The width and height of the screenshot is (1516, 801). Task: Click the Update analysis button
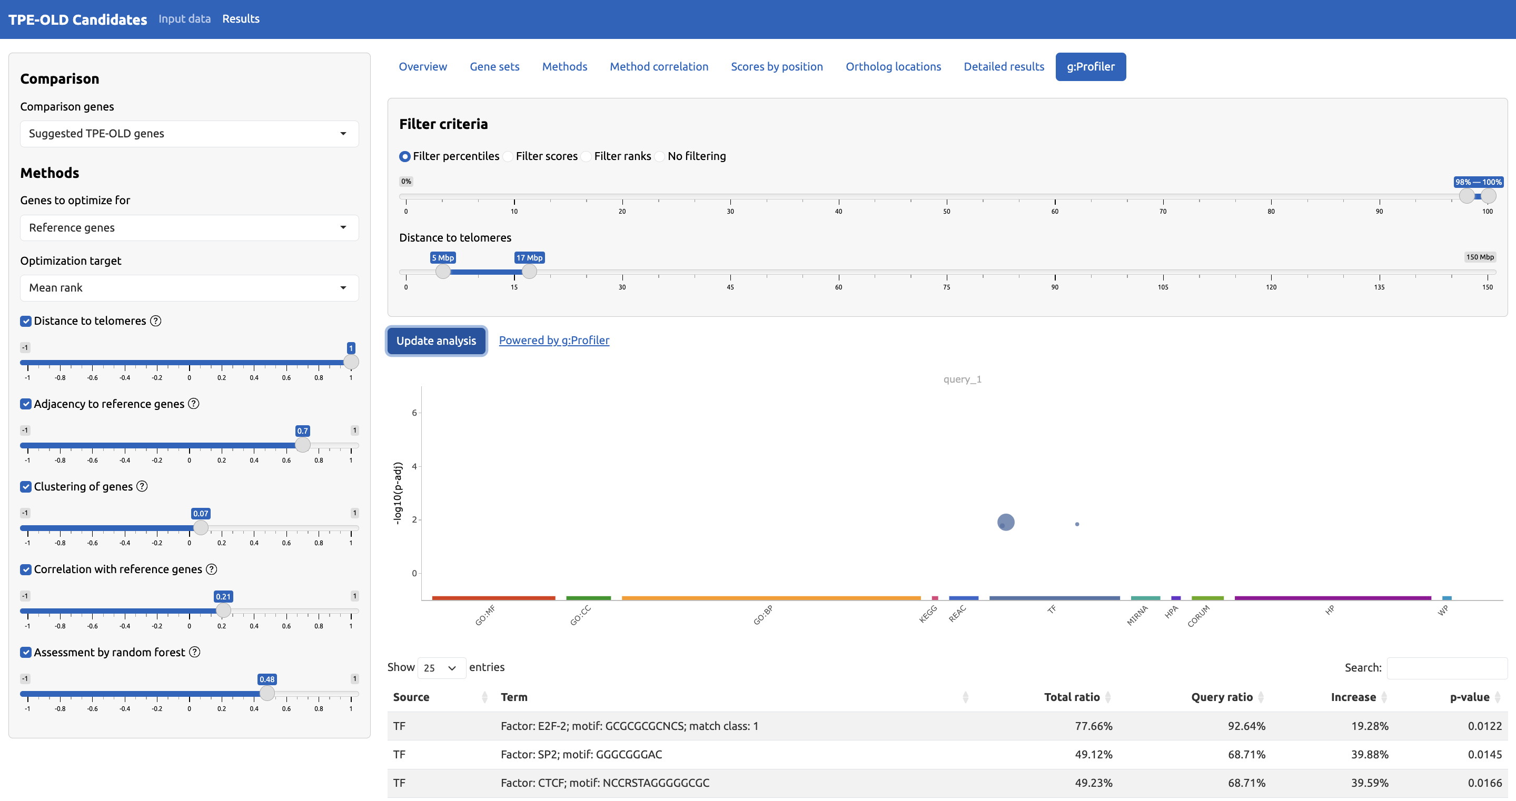tap(435, 341)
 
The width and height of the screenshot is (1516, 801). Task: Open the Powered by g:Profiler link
tap(554, 340)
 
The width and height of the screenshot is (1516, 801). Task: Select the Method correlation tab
tap(659, 66)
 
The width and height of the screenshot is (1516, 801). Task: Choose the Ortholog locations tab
tap(893, 66)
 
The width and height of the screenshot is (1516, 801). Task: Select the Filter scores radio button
tap(509, 156)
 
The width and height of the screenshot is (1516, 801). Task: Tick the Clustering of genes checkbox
tap(26, 486)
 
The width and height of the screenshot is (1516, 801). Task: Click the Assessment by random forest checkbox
tap(26, 652)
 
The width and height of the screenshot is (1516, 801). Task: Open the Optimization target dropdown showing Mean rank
tap(189, 287)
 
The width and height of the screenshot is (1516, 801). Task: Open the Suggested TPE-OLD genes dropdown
tap(189, 134)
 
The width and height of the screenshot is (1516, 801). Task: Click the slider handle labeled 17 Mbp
tap(529, 271)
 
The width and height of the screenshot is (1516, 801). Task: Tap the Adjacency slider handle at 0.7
tap(302, 445)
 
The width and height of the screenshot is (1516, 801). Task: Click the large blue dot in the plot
tap(1006, 522)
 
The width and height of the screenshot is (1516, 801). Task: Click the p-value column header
tap(1469, 697)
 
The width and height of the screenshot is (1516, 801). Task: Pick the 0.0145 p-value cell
tap(1484, 754)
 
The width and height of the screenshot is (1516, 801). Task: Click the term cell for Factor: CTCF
tap(605, 783)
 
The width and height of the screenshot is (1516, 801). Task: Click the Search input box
tap(1446, 667)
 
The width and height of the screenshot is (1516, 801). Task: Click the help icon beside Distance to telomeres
tap(155, 321)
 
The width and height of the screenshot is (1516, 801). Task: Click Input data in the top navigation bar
tap(184, 19)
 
